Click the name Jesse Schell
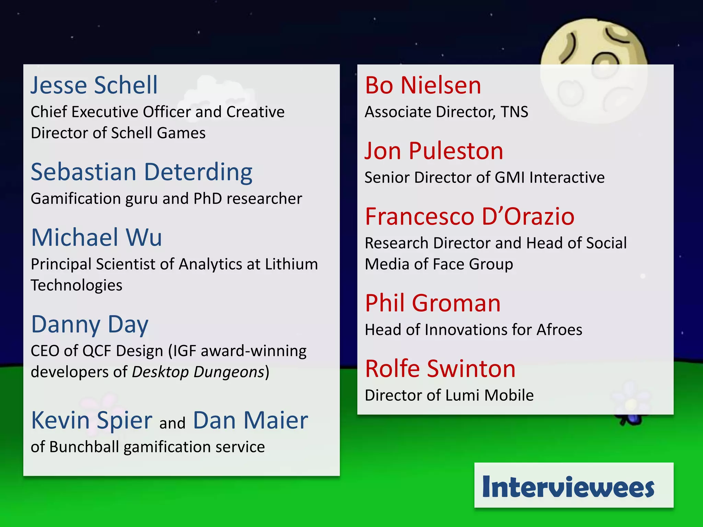pos(94,85)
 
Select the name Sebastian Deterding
pos(141,172)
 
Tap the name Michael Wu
pos(96,237)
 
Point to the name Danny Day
pos(90,324)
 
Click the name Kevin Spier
pos(92,420)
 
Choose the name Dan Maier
pos(250,420)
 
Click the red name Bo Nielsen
pos(423,85)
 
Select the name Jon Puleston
pos(434,151)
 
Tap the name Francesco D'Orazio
pos(470,216)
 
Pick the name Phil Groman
pos(433,303)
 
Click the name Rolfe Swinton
pos(440,369)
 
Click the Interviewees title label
pos(568,487)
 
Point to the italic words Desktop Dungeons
pos(198,372)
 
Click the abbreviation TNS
pos(514,112)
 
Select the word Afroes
pos(559,330)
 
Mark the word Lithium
pos(291,264)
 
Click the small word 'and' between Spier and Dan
pos(172,423)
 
